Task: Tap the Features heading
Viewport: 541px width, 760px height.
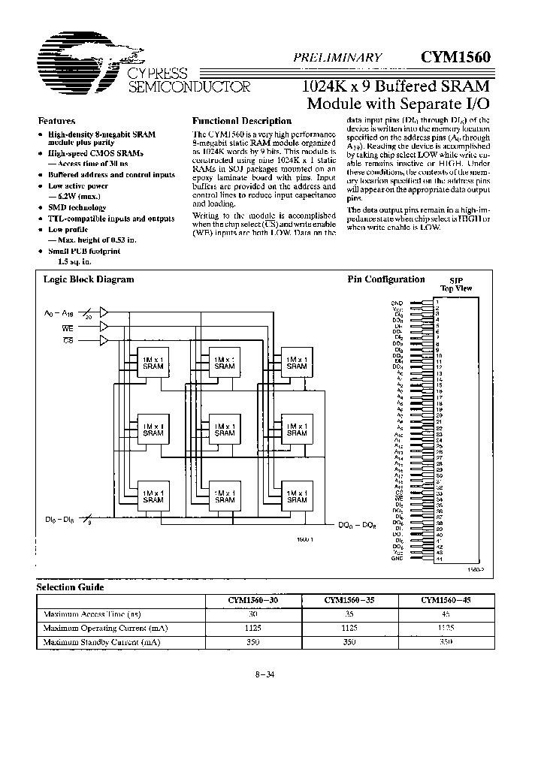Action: tap(56, 120)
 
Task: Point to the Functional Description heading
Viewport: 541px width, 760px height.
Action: tap(241, 121)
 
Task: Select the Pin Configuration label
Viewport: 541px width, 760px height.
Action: tap(385, 279)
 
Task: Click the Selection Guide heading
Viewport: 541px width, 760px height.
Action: tap(71, 587)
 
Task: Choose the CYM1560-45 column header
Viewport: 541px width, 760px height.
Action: tap(446, 600)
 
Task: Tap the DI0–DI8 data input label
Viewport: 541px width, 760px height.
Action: tap(59, 520)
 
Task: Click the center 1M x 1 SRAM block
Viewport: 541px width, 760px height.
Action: tap(224, 429)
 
